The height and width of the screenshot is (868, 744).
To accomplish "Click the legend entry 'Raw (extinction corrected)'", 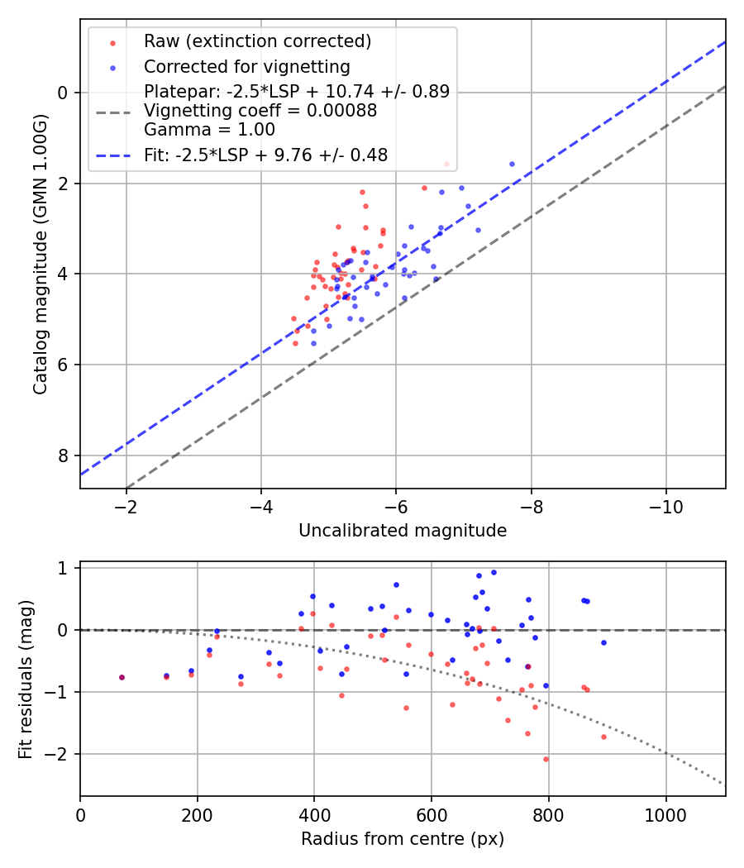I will [x=257, y=41].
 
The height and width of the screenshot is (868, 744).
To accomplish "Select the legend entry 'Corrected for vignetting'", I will [x=246, y=67].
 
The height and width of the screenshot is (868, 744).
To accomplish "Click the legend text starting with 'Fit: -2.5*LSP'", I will [x=265, y=155].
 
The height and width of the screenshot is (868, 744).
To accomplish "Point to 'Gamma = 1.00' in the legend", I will [x=209, y=130].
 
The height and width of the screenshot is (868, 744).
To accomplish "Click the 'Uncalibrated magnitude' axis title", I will [x=403, y=531].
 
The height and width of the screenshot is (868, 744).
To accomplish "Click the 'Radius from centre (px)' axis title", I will [x=403, y=839].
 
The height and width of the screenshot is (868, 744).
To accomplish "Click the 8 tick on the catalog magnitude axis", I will [x=64, y=455].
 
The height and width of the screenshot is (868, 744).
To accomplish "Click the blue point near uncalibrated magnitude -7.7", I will [x=512, y=164].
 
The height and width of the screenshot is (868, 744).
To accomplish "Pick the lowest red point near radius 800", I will [x=546, y=759].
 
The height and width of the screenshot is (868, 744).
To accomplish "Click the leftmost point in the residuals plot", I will [x=122, y=677].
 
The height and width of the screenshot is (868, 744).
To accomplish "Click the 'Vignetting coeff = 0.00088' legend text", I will [x=260, y=111].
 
